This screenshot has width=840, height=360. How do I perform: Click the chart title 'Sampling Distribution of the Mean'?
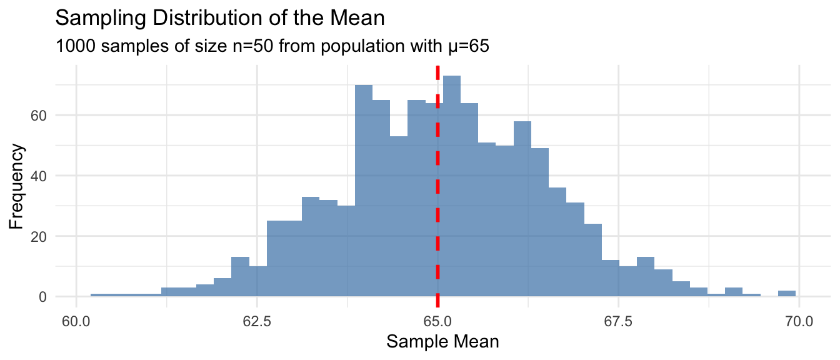[x=220, y=18]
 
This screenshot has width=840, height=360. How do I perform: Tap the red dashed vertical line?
[x=437, y=187]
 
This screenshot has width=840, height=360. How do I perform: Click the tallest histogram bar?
[x=451, y=187]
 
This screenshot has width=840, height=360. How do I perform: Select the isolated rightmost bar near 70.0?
[x=787, y=294]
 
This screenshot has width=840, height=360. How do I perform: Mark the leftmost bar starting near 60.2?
[x=99, y=295]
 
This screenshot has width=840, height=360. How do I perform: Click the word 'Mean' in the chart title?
[x=362, y=18]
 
